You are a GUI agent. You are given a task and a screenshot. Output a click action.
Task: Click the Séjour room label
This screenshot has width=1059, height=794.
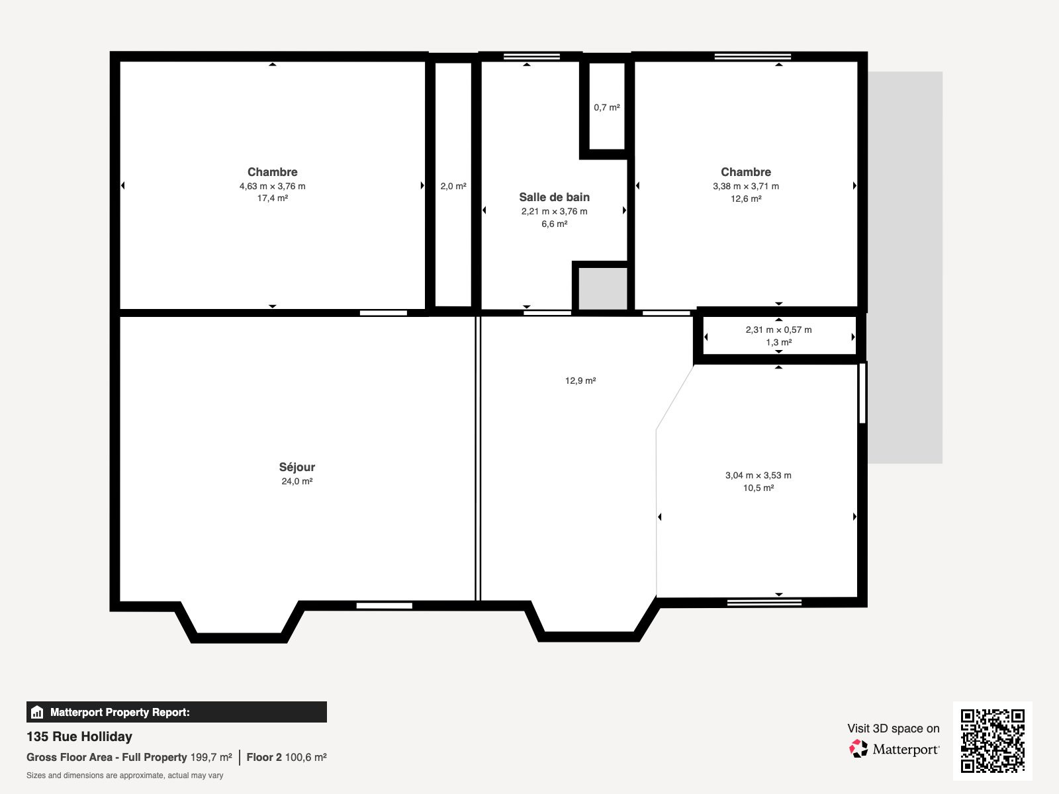297,467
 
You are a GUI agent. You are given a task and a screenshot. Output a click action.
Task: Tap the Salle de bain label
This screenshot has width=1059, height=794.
554,197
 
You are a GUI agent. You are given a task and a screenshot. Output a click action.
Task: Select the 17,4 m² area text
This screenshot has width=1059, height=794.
272,198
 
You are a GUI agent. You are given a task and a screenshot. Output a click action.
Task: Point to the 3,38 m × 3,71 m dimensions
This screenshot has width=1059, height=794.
745,187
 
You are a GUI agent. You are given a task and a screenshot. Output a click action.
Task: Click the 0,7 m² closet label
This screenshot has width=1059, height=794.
606,107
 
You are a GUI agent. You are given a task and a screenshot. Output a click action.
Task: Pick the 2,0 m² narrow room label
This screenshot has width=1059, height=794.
453,187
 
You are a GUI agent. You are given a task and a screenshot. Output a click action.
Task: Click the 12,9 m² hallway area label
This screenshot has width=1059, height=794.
580,381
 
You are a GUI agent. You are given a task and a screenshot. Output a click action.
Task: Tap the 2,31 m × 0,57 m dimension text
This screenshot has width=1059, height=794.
778,330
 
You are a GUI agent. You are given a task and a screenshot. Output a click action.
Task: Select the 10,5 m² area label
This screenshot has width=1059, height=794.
758,488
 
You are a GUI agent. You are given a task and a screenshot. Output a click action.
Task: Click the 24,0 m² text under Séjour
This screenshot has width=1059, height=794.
297,482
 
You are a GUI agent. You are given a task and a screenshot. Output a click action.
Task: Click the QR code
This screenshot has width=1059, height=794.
992,740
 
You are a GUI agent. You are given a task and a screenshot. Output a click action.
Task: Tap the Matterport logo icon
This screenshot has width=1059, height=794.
858,749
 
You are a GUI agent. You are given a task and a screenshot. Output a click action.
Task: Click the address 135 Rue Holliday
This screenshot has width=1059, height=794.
79,736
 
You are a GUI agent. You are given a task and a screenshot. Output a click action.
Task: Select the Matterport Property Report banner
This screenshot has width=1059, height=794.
176,712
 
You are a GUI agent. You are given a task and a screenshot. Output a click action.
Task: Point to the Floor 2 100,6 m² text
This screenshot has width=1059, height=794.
286,758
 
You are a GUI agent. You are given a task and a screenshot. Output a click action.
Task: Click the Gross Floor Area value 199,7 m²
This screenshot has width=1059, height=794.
211,758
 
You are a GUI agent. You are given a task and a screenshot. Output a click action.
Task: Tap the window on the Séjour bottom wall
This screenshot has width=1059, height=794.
384,605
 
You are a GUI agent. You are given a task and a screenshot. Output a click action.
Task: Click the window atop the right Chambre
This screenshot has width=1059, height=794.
753,56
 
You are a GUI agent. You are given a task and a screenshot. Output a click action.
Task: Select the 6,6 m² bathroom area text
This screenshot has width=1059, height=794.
554,224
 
